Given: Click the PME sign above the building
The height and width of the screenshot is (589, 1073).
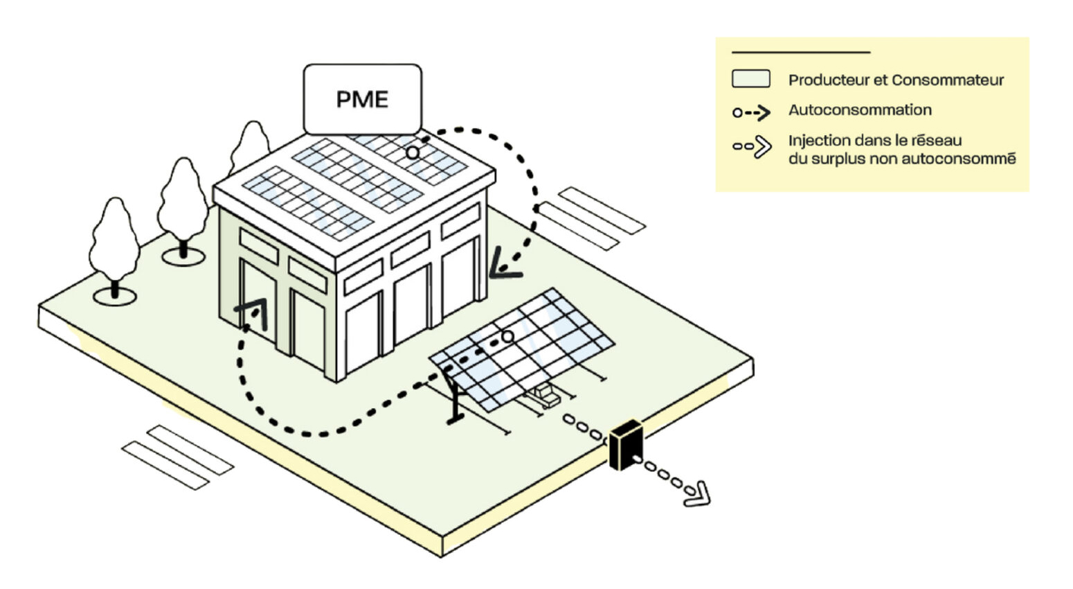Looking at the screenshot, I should click(362, 99).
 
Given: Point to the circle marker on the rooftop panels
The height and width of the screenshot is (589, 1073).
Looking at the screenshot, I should click(413, 152).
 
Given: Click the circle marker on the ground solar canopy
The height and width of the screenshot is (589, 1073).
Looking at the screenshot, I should click(507, 336).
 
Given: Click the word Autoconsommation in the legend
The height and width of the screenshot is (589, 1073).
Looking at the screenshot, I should click(860, 110).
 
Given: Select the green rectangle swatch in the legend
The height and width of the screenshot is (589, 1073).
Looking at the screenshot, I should click(751, 79).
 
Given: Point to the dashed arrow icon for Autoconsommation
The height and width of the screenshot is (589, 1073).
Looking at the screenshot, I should click(752, 112).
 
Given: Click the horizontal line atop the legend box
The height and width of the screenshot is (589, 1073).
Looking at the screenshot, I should click(801, 52).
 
